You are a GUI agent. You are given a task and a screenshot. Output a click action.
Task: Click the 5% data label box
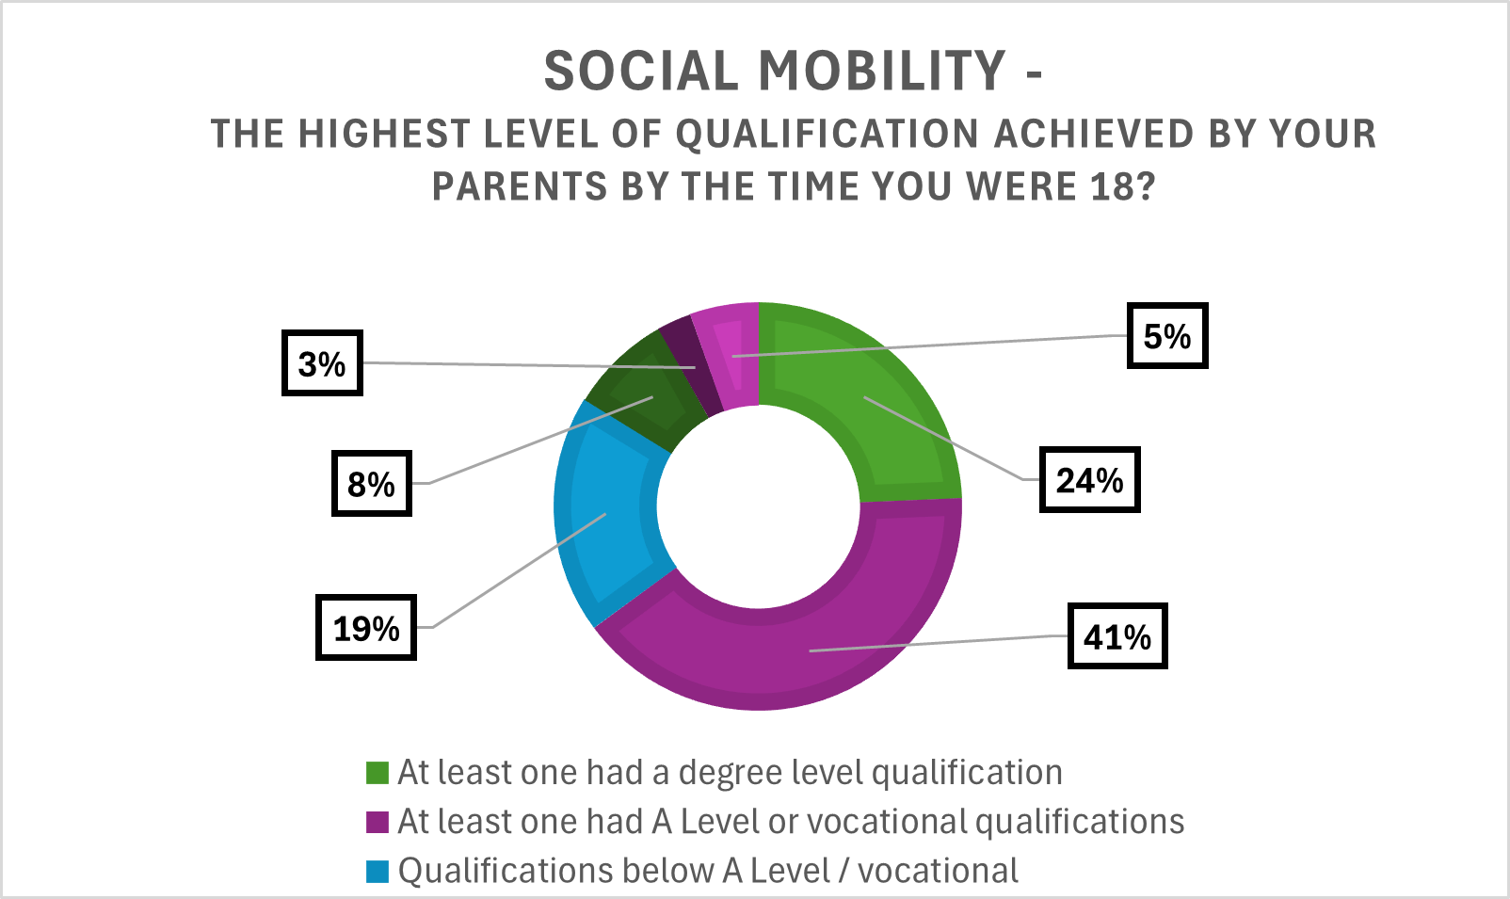point(1166,336)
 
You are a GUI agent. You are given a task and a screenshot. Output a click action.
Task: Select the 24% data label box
point(1089,480)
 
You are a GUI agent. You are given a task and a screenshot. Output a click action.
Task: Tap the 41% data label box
point(1116,637)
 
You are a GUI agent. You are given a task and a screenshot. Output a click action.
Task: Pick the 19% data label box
point(365,628)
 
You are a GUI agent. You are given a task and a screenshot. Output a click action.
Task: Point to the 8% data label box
point(371,484)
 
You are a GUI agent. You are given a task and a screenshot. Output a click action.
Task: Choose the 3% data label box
point(322,363)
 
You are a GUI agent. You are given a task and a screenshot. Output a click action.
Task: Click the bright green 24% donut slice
point(875,405)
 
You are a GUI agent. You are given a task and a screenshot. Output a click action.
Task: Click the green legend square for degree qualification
point(377,773)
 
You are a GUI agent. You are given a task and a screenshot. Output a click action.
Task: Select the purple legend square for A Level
point(377,822)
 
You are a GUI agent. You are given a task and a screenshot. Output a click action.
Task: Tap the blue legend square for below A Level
point(377,871)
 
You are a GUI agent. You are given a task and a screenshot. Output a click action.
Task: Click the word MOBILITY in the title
point(882,71)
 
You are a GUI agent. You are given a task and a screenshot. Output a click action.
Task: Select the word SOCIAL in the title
point(642,71)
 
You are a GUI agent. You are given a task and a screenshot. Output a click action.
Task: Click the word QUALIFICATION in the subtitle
point(827,134)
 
